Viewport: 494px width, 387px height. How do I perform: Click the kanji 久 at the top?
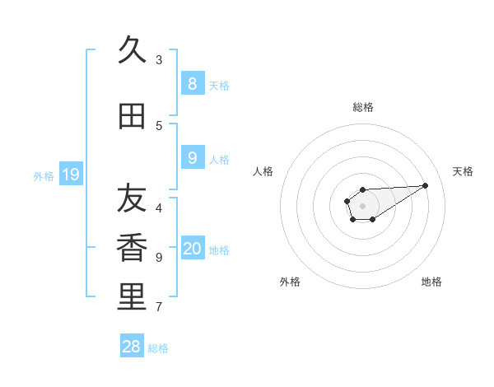[132, 50]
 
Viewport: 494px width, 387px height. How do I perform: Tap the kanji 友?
[132, 198]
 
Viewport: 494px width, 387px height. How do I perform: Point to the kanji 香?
[132, 248]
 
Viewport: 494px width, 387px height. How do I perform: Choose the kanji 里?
[132, 297]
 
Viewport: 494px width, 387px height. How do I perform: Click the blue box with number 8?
[192, 83]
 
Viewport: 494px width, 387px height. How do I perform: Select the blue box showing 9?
[192, 157]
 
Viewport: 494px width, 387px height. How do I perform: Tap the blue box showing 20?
[193, 249]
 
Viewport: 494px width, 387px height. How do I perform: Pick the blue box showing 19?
[70, 174]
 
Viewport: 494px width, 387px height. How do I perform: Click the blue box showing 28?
[132, 347]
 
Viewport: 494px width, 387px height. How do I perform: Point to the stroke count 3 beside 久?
[159, 59]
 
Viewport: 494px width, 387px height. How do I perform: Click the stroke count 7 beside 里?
[159, 307]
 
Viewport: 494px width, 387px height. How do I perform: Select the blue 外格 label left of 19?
[44, 175]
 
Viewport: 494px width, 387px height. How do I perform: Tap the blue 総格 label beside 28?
[158, 348]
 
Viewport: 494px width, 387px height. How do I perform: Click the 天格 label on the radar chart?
[463, 171]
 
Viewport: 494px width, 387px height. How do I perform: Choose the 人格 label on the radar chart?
[263, 171]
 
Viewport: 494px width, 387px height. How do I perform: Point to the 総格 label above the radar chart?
[363, 107]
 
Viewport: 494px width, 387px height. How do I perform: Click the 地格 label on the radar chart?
[431, 282]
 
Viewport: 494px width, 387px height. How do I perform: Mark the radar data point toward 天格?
[426, 185]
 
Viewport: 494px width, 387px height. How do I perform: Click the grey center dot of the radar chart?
[362, 205]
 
